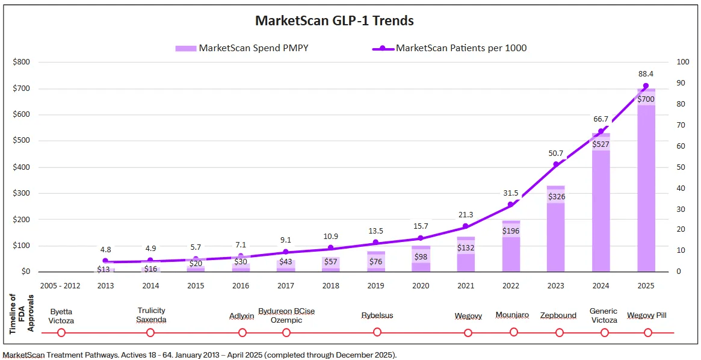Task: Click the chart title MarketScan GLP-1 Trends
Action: coord(334,20)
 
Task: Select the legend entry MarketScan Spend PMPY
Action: coord(253,48)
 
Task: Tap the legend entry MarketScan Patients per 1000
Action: coord(460,48)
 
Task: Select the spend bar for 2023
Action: coord(556,235)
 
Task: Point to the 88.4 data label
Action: coord(646,74)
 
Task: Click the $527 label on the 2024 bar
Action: coord(601,144)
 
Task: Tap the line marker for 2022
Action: coord(511,205)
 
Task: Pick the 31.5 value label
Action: coord(510,193)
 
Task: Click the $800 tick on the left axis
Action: coord(22,62)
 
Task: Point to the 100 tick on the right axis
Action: coord(683,62)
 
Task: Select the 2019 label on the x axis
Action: coord(376,286)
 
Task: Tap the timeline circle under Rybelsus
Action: coord(377,332)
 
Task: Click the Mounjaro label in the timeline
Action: coord(513,315)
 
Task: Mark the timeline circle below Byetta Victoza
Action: coord(61,332)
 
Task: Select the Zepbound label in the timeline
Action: coord(558,315)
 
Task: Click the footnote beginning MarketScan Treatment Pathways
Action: coord(199,355)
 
